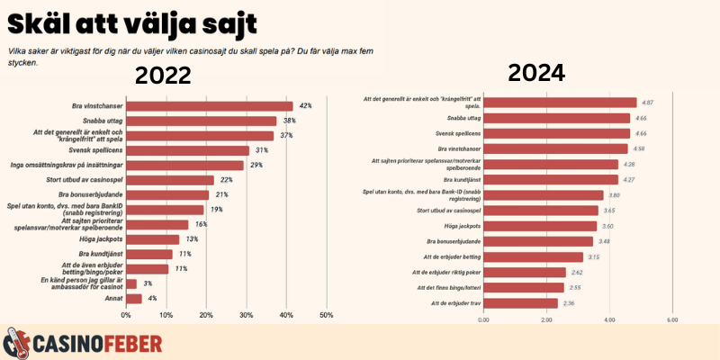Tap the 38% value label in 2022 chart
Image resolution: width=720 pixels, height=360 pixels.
(290, 121)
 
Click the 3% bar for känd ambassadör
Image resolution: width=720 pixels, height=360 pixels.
(132, 283)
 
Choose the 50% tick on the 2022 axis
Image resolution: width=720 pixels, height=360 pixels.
(327, 315)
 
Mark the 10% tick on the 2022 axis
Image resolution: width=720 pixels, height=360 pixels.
(166, 315)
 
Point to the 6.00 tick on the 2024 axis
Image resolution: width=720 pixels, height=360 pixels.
(671, 319)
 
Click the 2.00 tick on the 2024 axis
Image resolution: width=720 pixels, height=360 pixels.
(546, 319)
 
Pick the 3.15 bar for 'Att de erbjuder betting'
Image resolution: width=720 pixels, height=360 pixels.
(533, 256)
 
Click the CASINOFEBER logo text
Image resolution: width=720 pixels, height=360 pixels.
(97, 343)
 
